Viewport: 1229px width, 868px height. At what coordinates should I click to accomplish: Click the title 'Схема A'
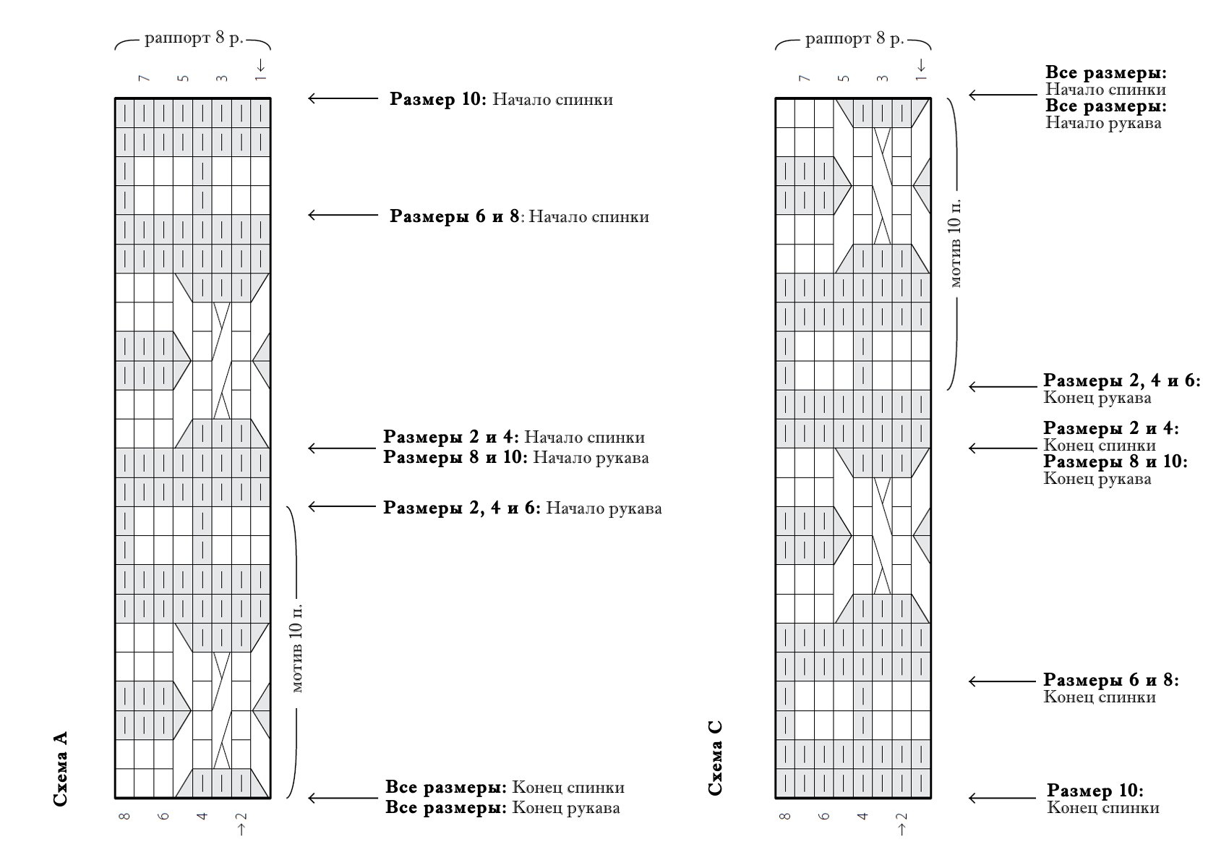coord(60,769)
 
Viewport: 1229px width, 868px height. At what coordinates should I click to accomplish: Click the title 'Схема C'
coord(715,758)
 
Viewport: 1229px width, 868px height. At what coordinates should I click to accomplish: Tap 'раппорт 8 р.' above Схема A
coord(193,38)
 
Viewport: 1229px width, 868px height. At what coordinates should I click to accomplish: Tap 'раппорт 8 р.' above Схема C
coord(854,38)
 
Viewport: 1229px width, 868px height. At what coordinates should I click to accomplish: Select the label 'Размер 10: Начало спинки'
coord(501,99)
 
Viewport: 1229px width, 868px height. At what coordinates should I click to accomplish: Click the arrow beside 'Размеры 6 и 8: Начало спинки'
coord(343,216)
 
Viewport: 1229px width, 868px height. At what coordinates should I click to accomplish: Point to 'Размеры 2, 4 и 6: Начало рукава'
coord(522,508)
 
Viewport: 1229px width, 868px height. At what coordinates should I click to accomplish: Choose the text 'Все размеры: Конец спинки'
coord(505,787)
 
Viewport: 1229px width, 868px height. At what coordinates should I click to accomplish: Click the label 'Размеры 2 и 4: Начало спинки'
coord(513,437)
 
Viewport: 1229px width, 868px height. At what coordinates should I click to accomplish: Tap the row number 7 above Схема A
coord(145,79)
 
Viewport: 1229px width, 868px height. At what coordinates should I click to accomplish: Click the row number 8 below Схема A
coord(124,817)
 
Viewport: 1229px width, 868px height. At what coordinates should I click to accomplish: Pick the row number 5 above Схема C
coord(844,79)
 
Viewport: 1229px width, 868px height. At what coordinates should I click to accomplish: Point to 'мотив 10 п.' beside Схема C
coord(955,243)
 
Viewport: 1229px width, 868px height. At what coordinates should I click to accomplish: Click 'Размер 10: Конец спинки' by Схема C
coord(1102,799)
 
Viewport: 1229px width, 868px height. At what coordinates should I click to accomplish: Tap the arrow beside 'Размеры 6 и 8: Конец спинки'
coord(1002,681)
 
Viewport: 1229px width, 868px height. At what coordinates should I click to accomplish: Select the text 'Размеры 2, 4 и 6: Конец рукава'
coord(1122,388)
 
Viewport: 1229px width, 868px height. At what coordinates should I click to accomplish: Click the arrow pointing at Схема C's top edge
coord(1003,95)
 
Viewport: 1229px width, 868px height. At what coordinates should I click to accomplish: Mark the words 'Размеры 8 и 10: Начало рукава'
coord(515,457)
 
